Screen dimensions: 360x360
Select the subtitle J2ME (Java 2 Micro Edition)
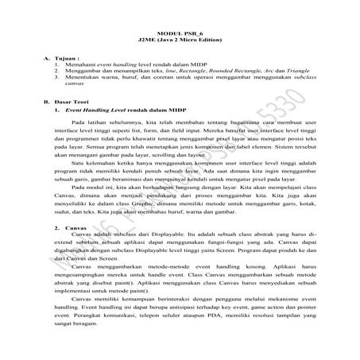[180, 37]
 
